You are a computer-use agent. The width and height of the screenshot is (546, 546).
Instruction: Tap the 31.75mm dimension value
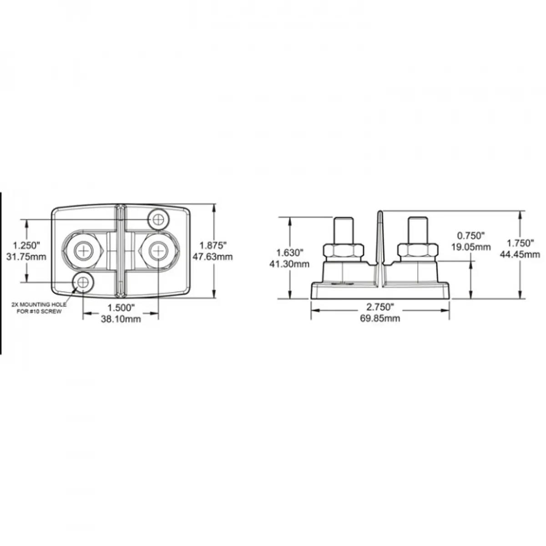26,257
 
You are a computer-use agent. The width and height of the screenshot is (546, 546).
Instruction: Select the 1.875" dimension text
213,245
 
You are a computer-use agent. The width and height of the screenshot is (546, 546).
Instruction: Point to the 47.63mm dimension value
212,257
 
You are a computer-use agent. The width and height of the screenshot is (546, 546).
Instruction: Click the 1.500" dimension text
121,308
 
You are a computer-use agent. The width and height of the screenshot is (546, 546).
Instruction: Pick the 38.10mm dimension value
121,319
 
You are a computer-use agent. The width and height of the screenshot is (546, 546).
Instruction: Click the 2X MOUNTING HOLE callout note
39,308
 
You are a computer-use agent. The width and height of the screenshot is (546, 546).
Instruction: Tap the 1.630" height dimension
290,252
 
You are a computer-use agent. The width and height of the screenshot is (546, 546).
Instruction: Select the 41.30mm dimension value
289,264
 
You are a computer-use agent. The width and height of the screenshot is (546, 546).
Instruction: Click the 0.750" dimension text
471,235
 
